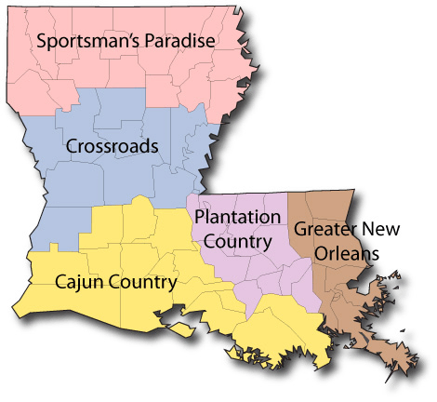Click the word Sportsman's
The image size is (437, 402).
tap(81, 41)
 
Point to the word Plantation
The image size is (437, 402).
tap(237, 217)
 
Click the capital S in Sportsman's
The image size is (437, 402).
tap(41, 41)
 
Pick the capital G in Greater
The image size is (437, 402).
tap(299, 229)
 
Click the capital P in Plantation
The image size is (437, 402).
tap(200, 217)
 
